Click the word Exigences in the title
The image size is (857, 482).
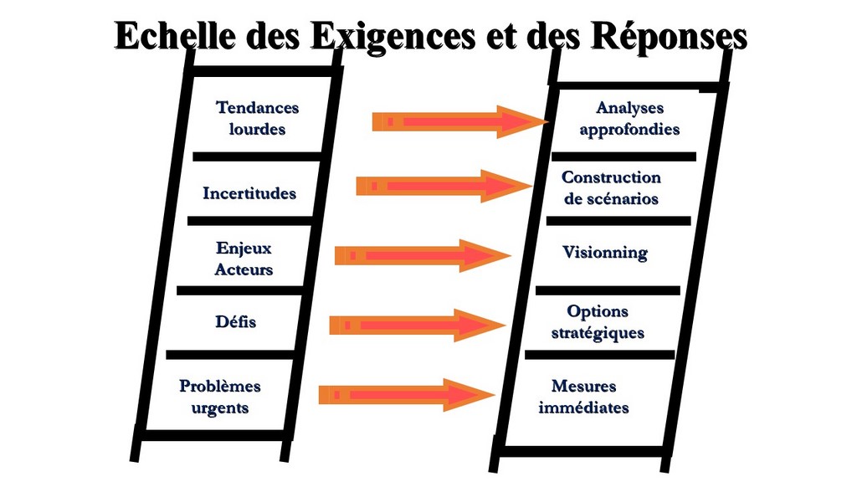[x=393, y=37]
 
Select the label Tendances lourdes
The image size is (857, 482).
[x=257, y=118]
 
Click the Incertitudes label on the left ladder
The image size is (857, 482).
[x=249, y=193]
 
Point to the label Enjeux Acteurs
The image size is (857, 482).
[x=244, y=259]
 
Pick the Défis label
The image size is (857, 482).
[x=235, y=321]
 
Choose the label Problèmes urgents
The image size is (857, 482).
[x=220, y=397]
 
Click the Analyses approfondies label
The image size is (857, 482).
[x=629, y=119]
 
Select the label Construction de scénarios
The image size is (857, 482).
[x=611, y=188]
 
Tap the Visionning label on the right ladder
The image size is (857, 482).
[x=605, y=253]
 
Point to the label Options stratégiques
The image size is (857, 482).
[x=598, y=322]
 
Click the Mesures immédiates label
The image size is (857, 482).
[x=583, y=397]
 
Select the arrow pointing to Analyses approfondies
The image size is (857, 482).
[x=460, y=122]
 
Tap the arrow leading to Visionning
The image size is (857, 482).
[x=423, y=256]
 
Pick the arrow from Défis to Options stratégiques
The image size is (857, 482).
[x=418, y=326]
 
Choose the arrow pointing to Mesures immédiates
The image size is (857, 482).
[x=408, y=395]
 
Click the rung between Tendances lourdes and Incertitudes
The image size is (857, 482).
[x=258, y=156]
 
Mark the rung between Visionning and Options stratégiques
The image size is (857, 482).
[x=608, y=290]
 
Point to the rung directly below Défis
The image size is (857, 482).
[x=231, y=355]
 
